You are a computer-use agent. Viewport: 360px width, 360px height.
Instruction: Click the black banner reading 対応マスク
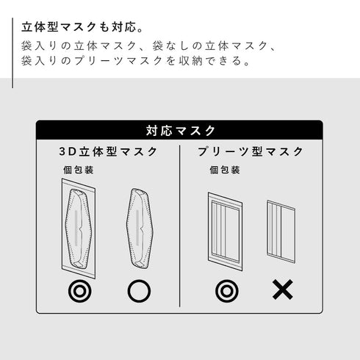pos(180,130)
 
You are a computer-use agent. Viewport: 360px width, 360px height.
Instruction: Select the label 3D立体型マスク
pos(108,151)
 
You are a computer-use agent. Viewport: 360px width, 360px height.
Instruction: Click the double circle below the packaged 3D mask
pos(79,291)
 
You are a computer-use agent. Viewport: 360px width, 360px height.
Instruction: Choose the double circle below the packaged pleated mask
pos(226,291)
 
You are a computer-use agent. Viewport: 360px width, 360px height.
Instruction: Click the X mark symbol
pos(282,291)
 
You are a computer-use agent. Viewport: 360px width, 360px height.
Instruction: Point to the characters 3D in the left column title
pos(68,151)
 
